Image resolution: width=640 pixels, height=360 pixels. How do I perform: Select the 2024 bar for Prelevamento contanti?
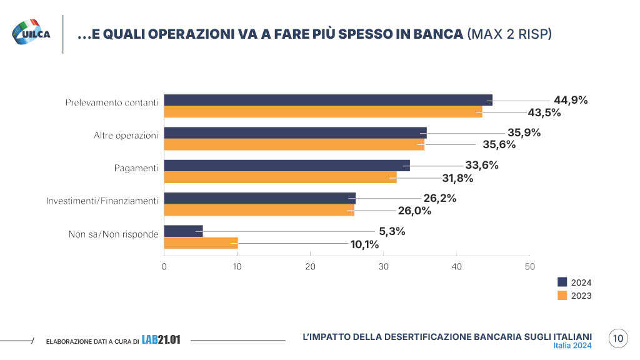point(328,100)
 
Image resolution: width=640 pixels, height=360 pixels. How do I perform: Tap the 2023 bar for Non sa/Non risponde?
point(201,243)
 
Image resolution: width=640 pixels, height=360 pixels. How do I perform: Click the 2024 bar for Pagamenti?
point(287,166)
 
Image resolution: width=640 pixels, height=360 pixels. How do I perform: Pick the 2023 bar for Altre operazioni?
point(294,145)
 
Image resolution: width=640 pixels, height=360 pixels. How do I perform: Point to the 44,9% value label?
point(571,100)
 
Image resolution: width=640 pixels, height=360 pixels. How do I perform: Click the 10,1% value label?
point(364,244)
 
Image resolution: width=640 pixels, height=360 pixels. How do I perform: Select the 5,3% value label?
point(392,231)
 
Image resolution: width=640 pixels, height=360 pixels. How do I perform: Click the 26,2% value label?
point(440,199)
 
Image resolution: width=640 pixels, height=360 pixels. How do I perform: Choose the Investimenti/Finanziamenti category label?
point(102,201)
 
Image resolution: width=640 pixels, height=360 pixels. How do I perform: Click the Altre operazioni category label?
point(126,136)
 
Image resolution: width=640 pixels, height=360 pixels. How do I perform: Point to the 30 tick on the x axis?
point(383,267)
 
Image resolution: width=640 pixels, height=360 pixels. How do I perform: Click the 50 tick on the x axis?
point(529,267)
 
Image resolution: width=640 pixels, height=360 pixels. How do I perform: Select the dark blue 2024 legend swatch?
point(562,282)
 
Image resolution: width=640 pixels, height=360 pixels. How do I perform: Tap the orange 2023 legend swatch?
point(562,296)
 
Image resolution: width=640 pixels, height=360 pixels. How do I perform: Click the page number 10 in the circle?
point(617,339)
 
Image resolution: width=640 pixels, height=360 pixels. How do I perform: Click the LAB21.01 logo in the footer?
point(161,340)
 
